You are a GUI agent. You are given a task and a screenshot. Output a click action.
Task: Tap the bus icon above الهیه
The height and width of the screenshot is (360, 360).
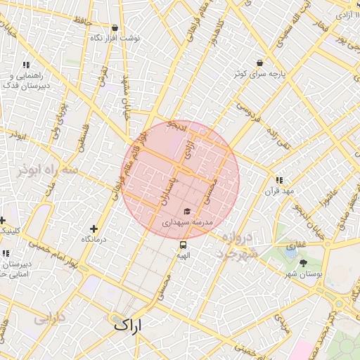pyautogui.click(x=184, y=245)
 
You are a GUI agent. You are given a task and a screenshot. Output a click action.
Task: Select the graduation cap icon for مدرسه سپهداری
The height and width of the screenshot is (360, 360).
pyautogui.click(x=187, y=211)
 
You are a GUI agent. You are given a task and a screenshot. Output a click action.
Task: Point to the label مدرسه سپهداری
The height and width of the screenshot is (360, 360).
pyautogui.click(x=187, y=222)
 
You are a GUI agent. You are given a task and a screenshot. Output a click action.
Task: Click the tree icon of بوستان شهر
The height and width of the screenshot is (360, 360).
pyautogui.click(x=304, y=263)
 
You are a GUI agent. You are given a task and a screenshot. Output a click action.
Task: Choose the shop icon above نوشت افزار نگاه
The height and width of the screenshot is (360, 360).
pyautogui.click(x=115, y=27)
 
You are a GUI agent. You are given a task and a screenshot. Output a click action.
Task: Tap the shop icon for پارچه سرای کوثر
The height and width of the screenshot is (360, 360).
pyautogui.click(x=260, y=63)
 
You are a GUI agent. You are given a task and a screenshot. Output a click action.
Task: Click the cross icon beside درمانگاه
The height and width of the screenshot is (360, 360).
pyautogui.click(x=94, y=229)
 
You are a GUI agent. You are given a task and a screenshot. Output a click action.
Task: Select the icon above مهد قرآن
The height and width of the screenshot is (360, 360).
pyautogui.click(x=280, y=180)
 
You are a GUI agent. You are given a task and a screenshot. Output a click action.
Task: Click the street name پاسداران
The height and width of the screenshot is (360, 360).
pyautogui.click(x=167, y=191)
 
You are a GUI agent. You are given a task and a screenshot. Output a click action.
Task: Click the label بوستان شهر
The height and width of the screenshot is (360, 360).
pyautogui.click(x=319, y=276)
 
